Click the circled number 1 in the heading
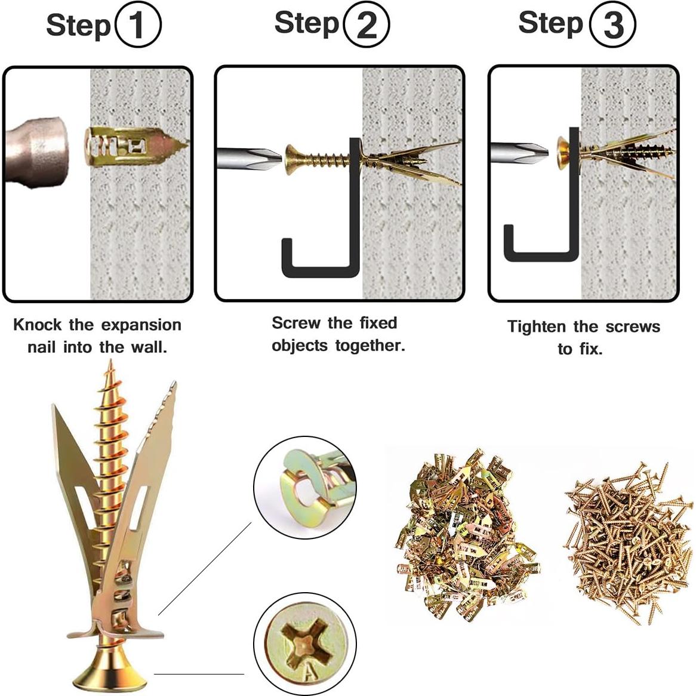[137, 25]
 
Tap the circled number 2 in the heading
[367, 24]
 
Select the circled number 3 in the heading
[612, 24]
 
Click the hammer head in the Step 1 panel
[36, 149]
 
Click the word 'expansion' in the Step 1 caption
[141, 325]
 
